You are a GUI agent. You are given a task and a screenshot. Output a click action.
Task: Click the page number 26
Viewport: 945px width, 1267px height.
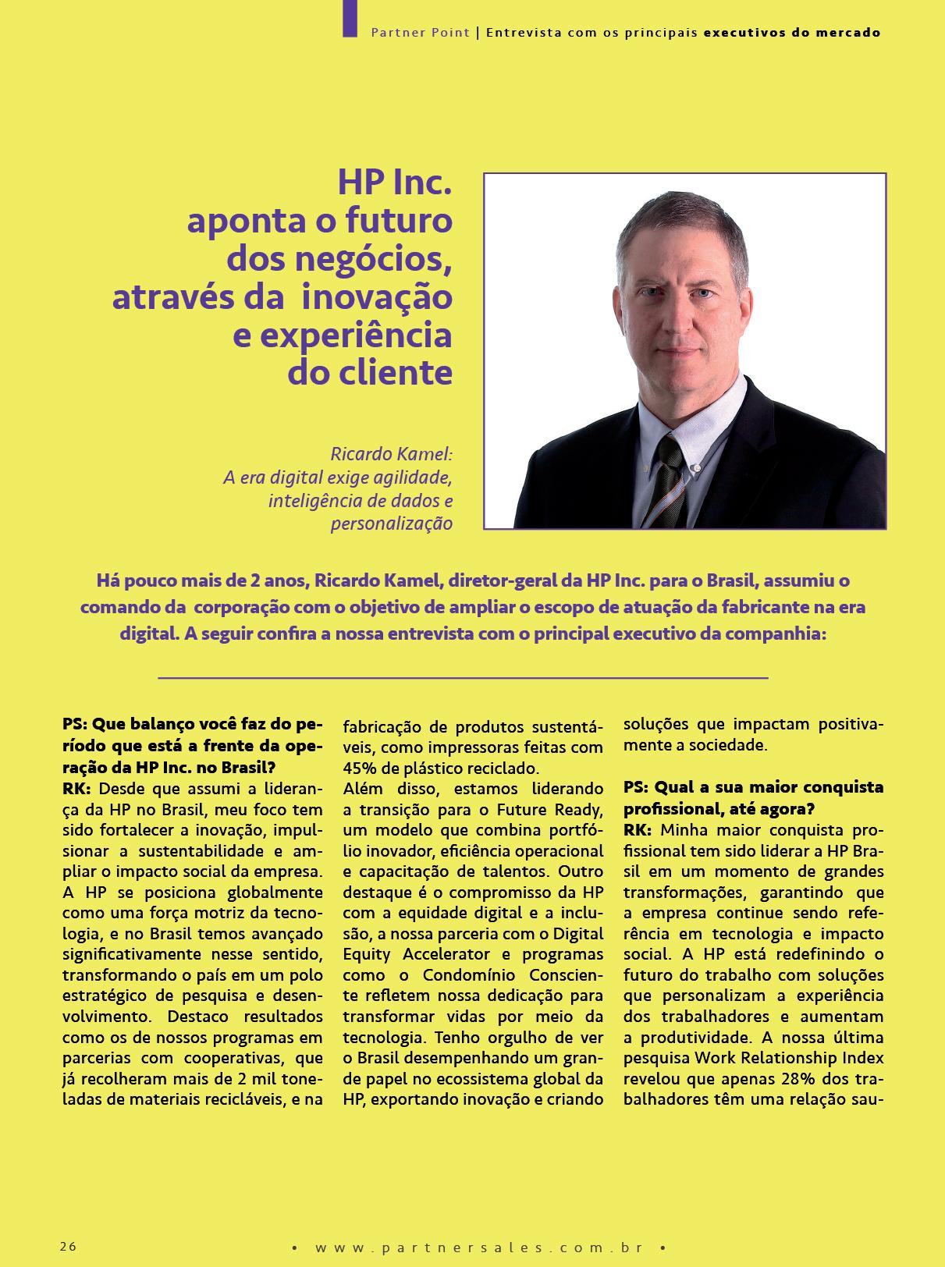(68, 1246)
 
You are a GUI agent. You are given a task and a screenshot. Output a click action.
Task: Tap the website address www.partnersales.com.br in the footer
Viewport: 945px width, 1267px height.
(479, 1247)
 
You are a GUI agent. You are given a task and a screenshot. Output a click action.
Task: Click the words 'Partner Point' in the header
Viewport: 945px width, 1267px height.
(420, 33)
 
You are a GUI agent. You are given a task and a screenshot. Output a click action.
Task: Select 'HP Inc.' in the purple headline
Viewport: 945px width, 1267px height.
(395, 183)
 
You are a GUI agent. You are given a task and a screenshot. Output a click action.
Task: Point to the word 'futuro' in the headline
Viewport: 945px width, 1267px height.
(407, 221)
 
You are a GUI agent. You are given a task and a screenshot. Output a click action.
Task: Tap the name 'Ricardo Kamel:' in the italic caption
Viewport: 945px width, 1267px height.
(391, 454)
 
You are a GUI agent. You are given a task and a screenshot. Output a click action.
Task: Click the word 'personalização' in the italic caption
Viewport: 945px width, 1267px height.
(392, 523)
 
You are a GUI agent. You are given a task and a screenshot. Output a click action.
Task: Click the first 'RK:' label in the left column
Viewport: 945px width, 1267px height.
(76, 788)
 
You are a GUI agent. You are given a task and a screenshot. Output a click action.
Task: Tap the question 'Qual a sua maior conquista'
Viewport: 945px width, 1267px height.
(753, 787)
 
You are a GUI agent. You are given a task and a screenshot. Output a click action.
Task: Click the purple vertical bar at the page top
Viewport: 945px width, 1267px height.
(350, 17)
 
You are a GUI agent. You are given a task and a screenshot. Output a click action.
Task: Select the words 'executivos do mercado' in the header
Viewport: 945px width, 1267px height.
(792, 33)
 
